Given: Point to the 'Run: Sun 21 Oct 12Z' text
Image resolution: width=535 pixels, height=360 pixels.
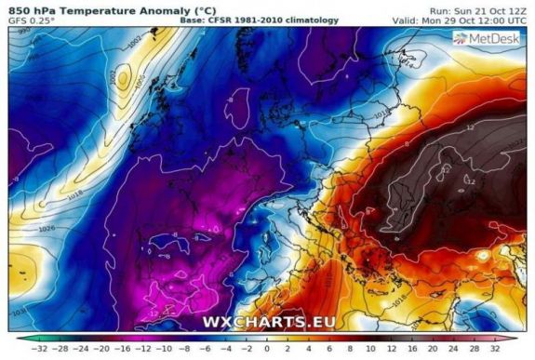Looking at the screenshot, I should [479, 7].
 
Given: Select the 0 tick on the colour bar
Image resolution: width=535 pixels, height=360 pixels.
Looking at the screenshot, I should [268, 351].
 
